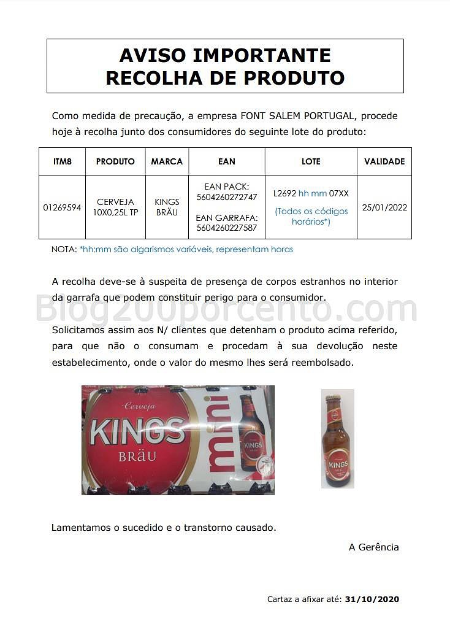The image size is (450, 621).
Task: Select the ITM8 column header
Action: [62, 161]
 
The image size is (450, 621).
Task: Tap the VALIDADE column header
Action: [384, 161]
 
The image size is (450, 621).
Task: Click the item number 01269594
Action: [62, 207]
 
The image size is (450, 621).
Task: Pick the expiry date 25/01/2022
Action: [384, 207]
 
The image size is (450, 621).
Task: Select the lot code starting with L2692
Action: [311, 193]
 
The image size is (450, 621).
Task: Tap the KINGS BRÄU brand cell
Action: [167, 207]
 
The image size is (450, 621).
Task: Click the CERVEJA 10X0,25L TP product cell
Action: [115, 207]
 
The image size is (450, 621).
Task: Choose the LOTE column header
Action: [311, 161]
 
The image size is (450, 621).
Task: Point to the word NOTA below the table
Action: [63, 250]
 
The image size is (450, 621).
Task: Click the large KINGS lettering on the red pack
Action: [137, 431]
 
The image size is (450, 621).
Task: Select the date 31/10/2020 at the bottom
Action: [372, 599]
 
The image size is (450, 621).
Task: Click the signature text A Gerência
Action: [373, 547]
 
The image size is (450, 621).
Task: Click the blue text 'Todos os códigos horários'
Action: [311, 216]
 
